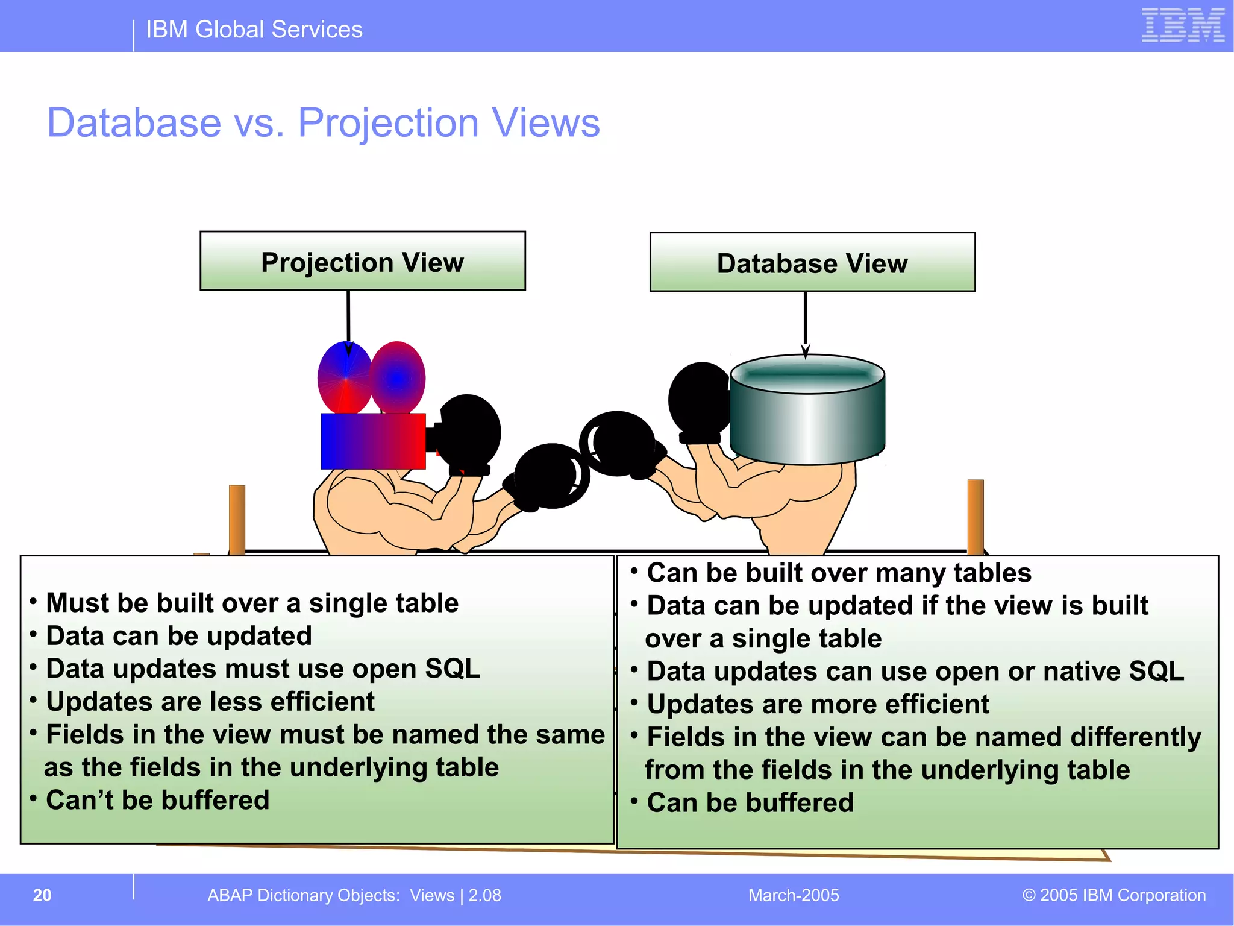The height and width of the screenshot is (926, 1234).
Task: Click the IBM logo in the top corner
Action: click(x=1183, y=26)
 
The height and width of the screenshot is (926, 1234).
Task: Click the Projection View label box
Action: click(x=362, y=261)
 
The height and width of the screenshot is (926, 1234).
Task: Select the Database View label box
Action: click(x=812, y=262)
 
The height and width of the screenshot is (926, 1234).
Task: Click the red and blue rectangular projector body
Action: click(x=373, y=441)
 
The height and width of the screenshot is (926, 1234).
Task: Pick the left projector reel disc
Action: click(x=345, y=378)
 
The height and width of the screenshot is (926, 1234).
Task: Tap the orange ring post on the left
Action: click(x=237, y=518)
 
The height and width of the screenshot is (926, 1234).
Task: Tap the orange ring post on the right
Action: click(x=975, y=515)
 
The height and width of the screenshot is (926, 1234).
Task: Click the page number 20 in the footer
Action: click(x=42, y=895)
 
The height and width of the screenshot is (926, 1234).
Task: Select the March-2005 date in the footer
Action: click(x=793, y=895)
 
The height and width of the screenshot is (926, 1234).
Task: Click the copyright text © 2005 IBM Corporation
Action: click(x=1113, y=895)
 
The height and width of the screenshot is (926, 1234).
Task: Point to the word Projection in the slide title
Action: click(x=388, y=123)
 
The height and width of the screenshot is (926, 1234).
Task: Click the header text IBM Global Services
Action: click(x=254, y=30)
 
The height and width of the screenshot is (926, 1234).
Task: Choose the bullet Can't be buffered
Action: click(x=157, y=801)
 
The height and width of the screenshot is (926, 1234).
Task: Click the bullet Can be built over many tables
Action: click(x=838, y=573)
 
